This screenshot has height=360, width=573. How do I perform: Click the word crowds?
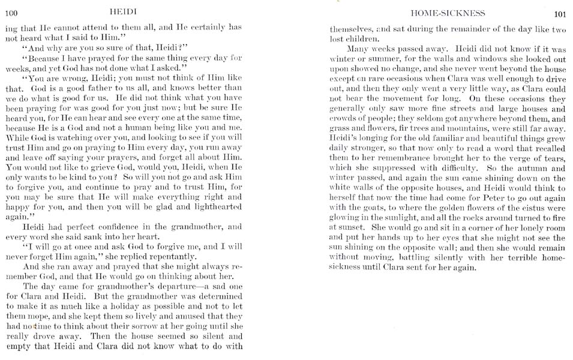(x=344, y=119)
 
